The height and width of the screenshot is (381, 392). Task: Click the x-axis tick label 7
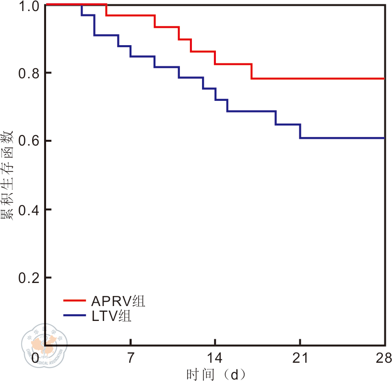pyautogui.click(x=131, y=358)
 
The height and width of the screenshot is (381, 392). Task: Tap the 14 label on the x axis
pyautogui.click(x=215, y=358)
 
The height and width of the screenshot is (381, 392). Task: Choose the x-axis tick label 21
pyautogui.click(x=300, y=358)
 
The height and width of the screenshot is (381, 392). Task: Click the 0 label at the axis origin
pyautogui.click(x=46, y=358)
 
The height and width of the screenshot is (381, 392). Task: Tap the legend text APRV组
pyautogui.click(x=118, y=302)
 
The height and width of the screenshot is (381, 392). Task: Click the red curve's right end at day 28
pyautogui.click(x=384, y=78)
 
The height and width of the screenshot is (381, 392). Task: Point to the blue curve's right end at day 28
pyautogui.click(x=384, y=138)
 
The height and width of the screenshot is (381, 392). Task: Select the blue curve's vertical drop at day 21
pyautogui.click(x=300, y=131)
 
